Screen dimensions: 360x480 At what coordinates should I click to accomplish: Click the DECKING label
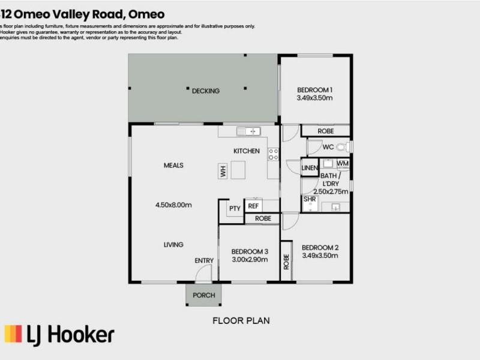[x=205, y=91]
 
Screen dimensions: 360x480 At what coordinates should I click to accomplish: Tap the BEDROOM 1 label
[x=315, y=90]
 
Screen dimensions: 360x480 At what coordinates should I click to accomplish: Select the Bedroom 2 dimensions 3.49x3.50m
[x=320, y=256]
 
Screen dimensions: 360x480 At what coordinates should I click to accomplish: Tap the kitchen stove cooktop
[x=273, y=154]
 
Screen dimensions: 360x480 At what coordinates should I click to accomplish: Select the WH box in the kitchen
[x=223, y=172]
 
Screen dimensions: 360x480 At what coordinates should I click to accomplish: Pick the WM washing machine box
[x=342, y=163]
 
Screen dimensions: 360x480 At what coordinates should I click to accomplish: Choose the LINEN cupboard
[x=309, y=168]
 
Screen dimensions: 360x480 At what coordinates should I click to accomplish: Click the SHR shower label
[x=310, y=199]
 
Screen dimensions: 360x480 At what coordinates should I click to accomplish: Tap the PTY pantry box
[x=235, y=208]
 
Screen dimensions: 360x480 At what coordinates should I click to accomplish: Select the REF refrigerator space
[x=253, y=206]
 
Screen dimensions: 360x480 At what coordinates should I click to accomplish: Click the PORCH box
[x=203, y=295]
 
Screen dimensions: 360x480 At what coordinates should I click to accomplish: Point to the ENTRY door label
[x=204, y=260]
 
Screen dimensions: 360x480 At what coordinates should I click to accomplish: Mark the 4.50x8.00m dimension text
[x=173, y=205]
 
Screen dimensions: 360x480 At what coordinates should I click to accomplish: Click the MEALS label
[x=173, y=166]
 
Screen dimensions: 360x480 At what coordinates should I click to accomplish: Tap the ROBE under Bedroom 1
[x=325, y=131]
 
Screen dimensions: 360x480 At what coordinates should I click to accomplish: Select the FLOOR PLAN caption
[x=241, y=321]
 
